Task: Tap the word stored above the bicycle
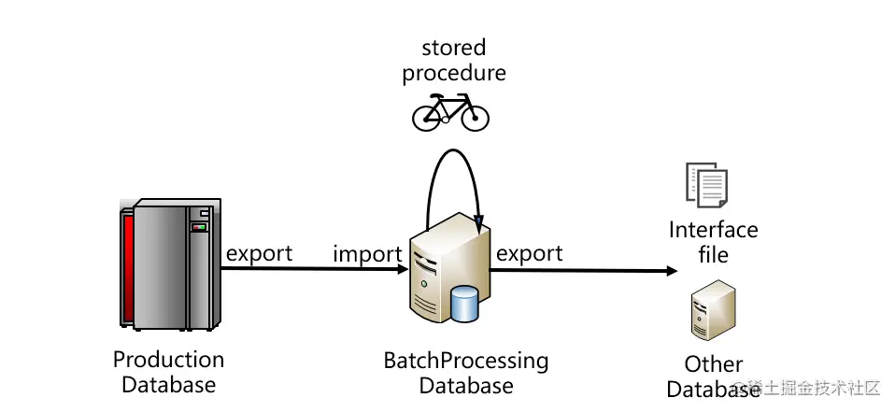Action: click(454, 47)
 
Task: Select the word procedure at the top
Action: click(454, 73)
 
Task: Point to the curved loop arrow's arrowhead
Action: click(479, 225)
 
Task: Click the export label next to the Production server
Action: click(259, 253)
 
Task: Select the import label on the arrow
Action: click(367, 254)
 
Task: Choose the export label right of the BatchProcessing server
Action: click(529, 253)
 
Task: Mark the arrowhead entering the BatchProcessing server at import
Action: click(403, 269)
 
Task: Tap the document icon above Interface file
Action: click(706, 185)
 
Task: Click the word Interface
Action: click(714, 230)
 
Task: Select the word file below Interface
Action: click(713, 254)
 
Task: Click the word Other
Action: click(714, 364)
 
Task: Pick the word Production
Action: click(168, 360)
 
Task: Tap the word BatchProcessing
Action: click(465, 361)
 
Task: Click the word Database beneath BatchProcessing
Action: click(465, 385)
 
